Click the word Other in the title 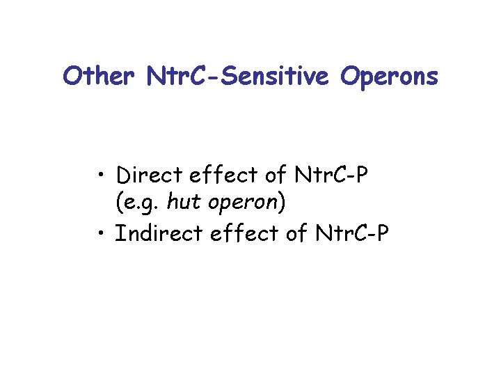97,76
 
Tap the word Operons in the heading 390,77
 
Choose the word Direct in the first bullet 143,173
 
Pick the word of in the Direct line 255,173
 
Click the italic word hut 182,203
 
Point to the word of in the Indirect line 289,234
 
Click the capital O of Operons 351,76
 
